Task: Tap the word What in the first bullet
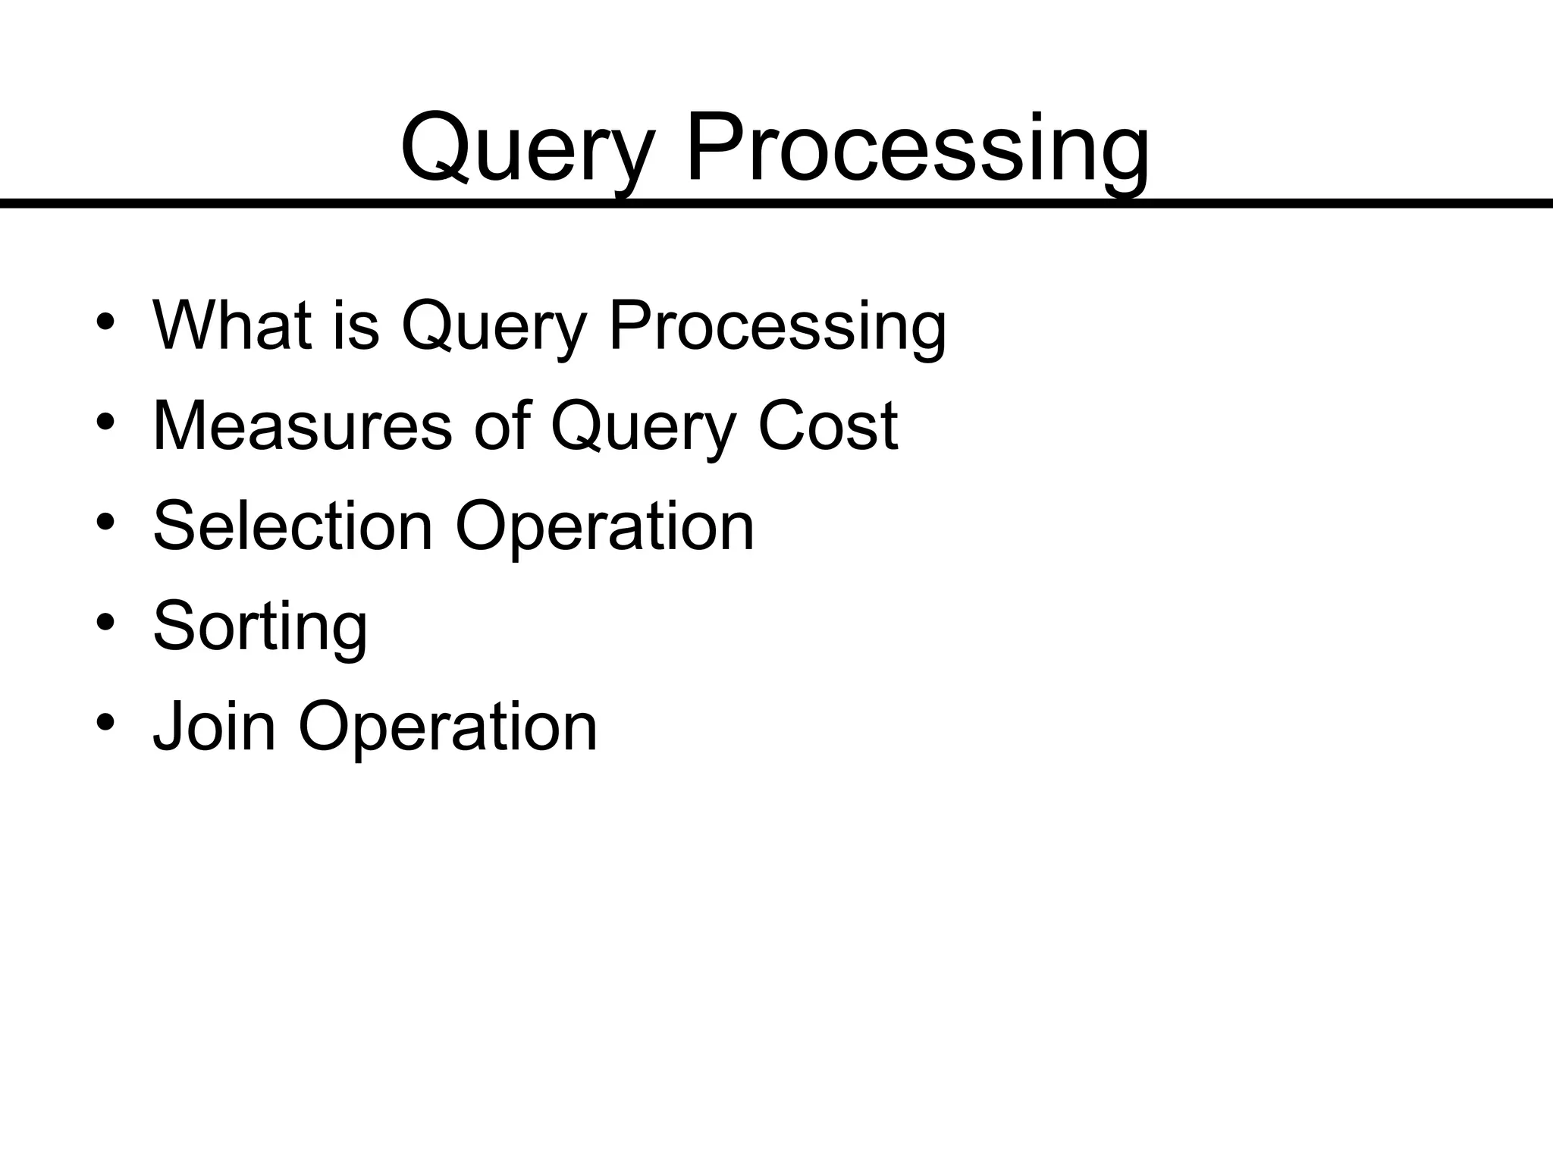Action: [x=232, y=325]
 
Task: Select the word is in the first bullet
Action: [x=356, y=325]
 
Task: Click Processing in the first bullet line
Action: [x=777, y=325]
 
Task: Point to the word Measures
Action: [x=303, y=425]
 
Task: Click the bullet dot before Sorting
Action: [x=105, y=623]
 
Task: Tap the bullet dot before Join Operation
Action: [x=105, y=723]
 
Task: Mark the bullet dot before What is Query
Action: [x=105, y=322]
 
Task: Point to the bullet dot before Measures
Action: [x=105, y=422]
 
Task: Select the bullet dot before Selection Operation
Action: [x=105, y=523]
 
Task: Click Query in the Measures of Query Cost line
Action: [x=642, y=425]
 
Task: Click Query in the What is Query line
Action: [x=494, y=325]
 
